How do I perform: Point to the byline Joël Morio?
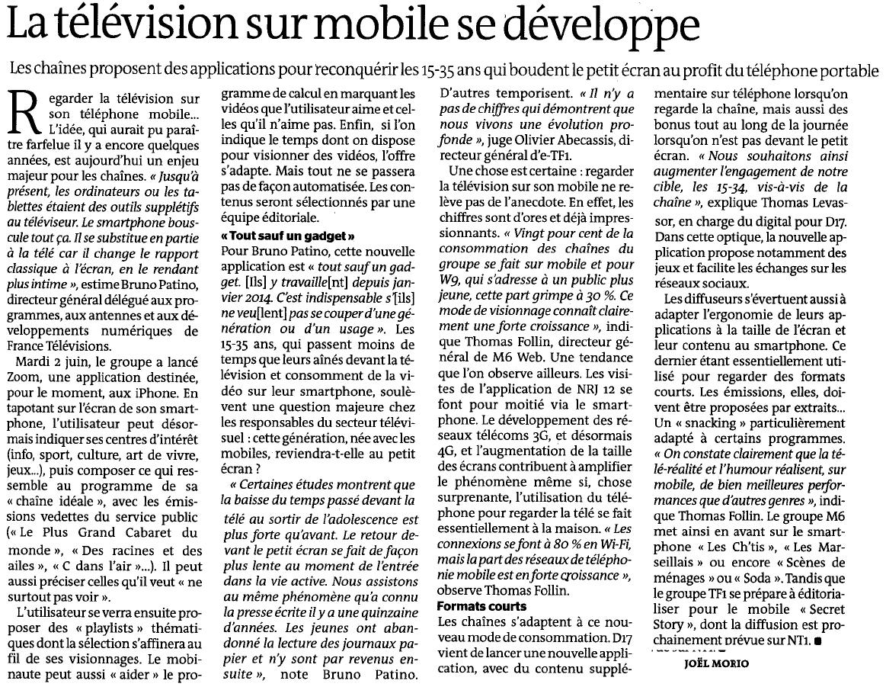[x=712, y=663]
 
